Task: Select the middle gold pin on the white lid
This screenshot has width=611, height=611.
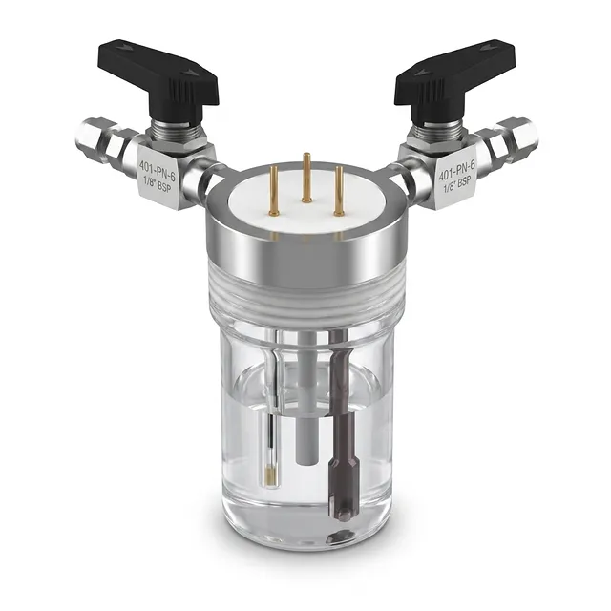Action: (305, 178)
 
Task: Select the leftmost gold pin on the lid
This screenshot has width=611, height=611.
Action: (274, 190)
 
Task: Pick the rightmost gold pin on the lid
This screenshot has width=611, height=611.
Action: (338, 191)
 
